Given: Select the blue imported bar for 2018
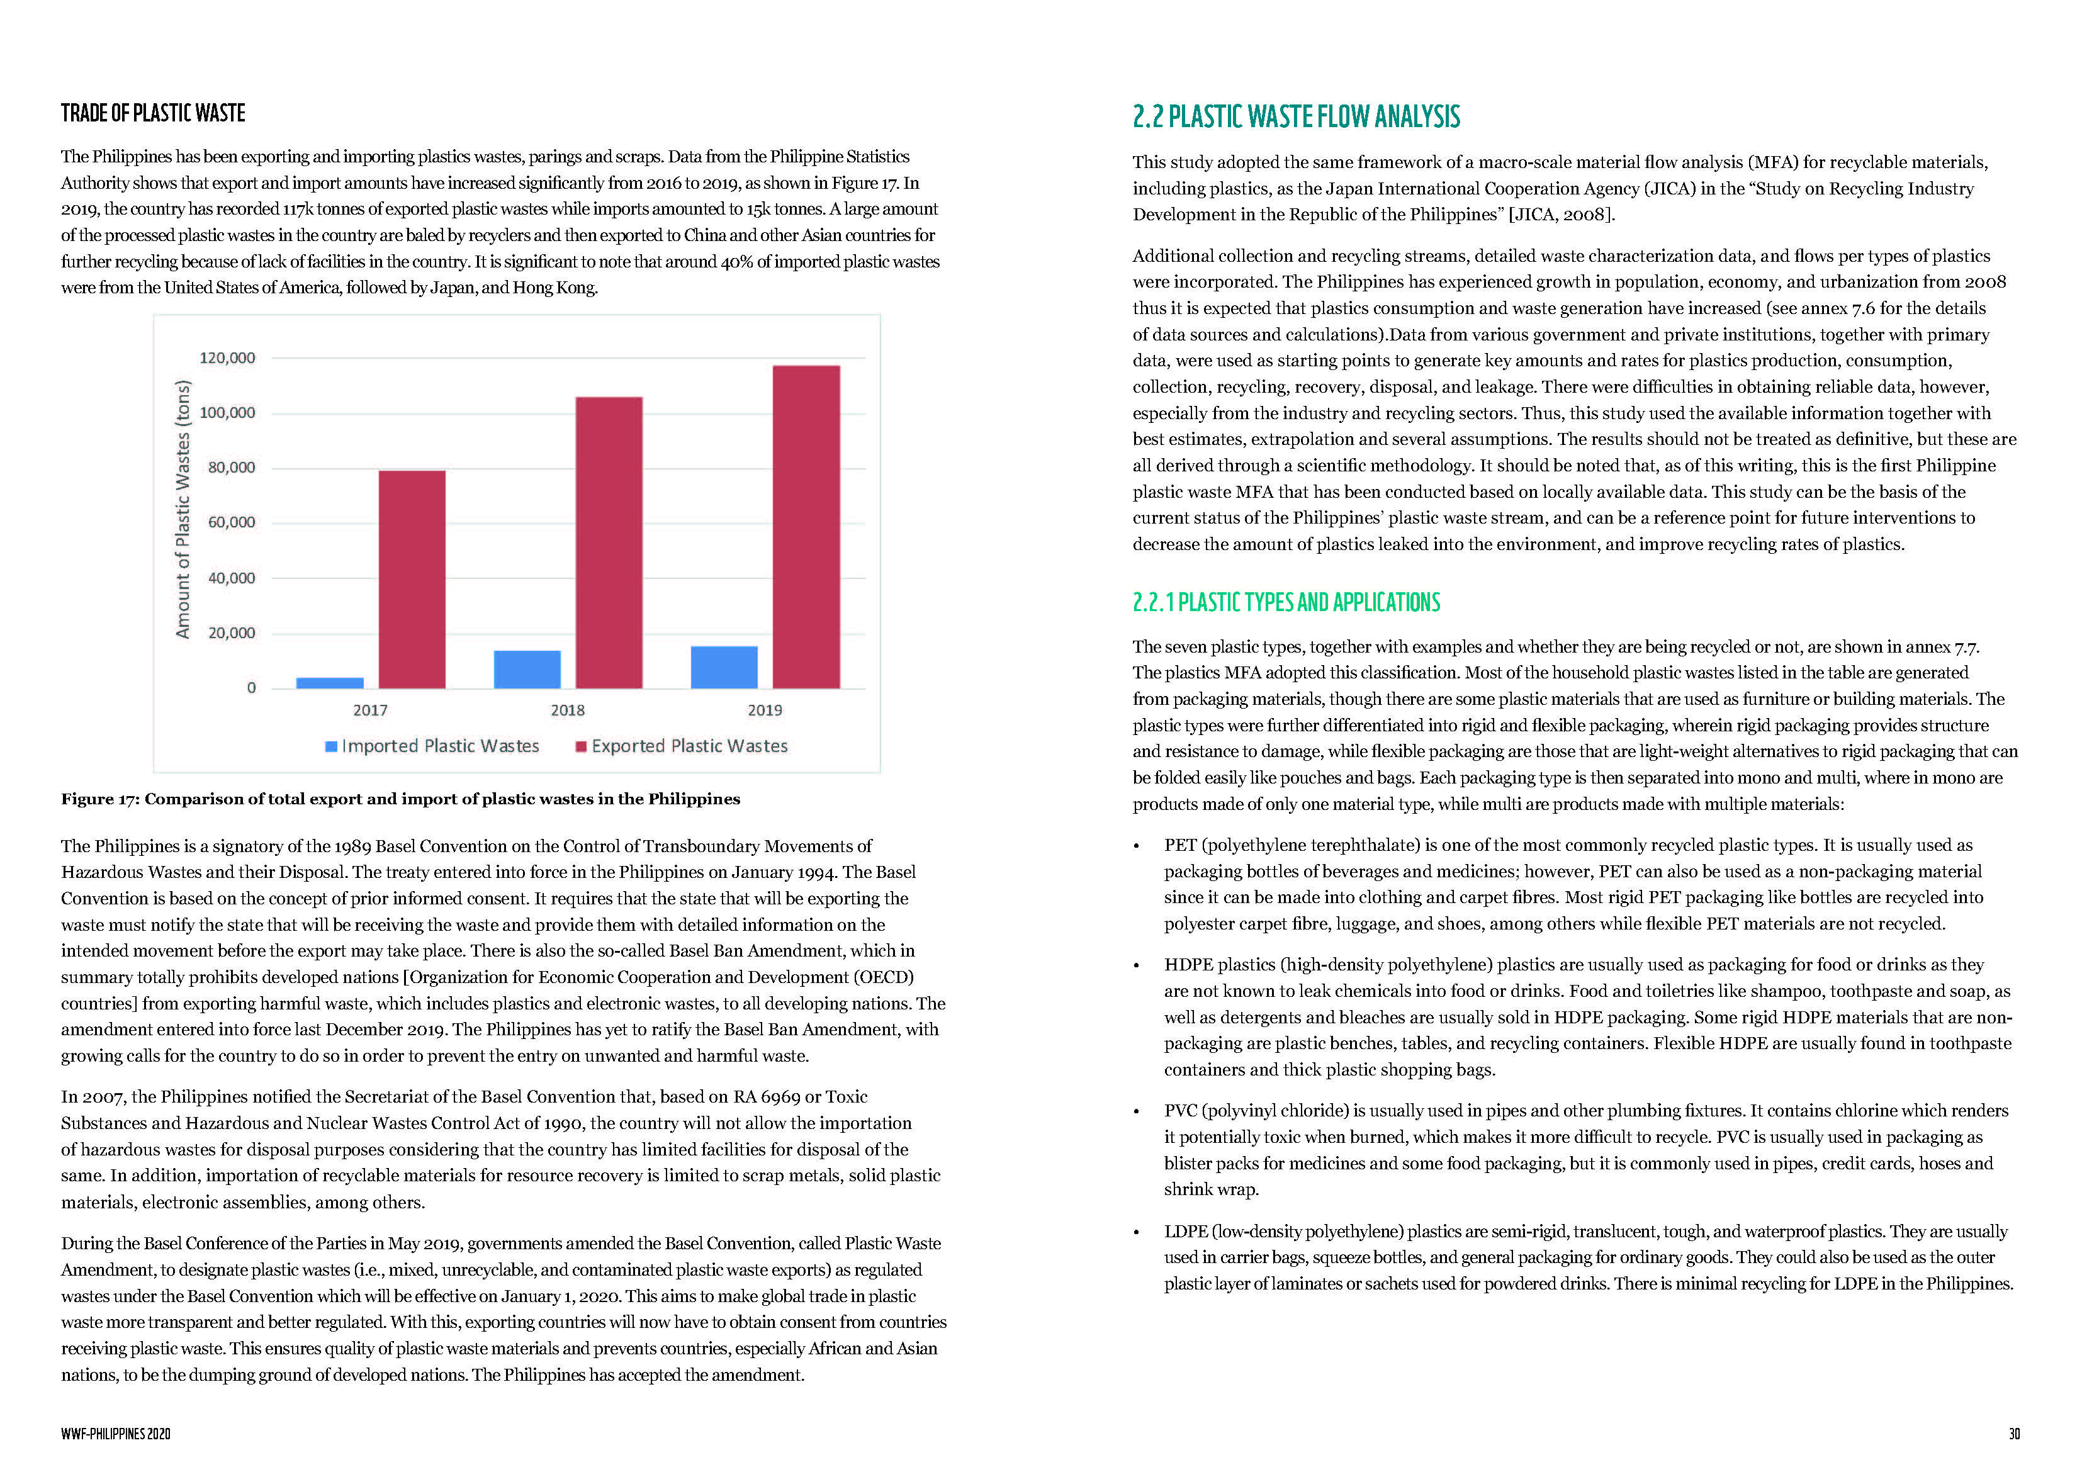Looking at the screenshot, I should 527,670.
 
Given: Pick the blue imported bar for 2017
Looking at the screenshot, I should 330,683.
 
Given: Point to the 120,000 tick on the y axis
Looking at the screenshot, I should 228,358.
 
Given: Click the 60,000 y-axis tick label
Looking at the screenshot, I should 232,522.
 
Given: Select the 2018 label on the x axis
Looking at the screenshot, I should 568,710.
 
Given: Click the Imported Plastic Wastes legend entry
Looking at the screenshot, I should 432,746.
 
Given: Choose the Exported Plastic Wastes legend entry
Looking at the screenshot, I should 682,746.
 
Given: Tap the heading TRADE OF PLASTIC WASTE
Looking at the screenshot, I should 153,113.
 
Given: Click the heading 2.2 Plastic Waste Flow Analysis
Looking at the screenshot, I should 1296,117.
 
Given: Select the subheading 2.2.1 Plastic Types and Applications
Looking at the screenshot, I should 1286,602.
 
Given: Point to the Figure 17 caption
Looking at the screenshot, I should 400,799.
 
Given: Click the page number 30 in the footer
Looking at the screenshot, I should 2014,1434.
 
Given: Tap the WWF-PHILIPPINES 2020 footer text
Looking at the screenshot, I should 116,1434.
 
